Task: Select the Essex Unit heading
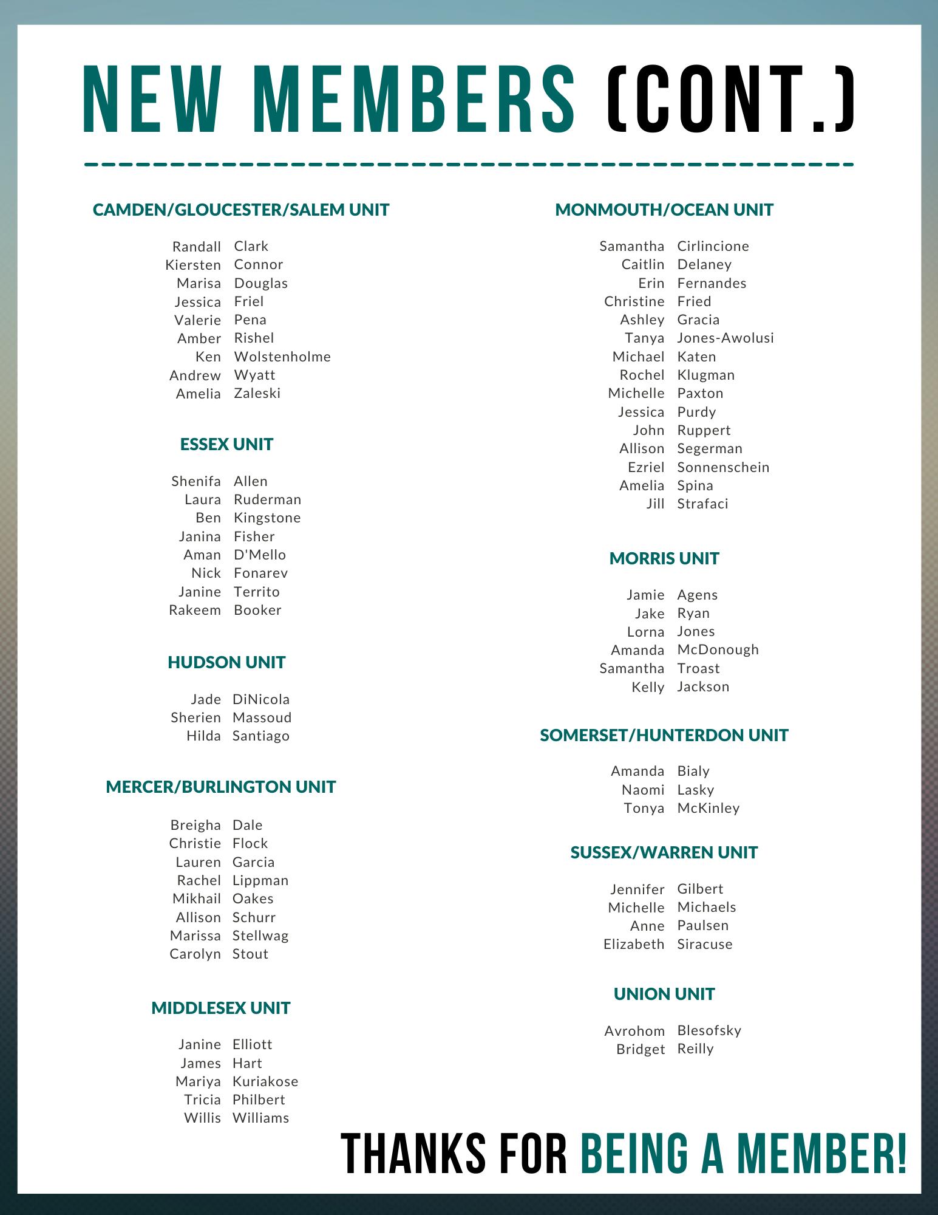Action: pos(226,444)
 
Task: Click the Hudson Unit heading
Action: pos(226,662)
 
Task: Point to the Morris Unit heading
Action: pos(664,558)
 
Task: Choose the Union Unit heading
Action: pos(664,994)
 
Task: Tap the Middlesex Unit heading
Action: pos(221,1008)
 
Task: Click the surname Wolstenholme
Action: pos(282,357)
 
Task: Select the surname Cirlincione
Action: pos(713,246)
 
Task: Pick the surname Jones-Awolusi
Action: pos(726,338)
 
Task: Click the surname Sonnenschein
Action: pos(723,467)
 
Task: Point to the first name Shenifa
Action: pos(196,481)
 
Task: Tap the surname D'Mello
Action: pos(260,555)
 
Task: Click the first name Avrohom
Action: pos(634,1031)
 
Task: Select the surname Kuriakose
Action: pos(265,1081)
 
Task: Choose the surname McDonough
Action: pos(718,649)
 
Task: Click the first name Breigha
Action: pos(195,825)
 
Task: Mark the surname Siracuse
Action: pos(705,944)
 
